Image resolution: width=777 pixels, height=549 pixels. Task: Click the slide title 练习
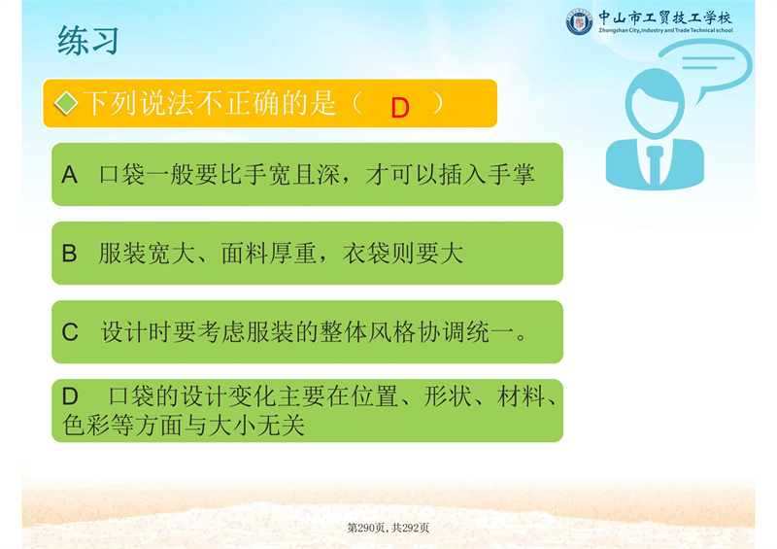click(88, 40)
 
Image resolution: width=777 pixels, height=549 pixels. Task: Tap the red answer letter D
click(400, 108)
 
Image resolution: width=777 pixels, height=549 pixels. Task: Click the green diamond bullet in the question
click(66, 103)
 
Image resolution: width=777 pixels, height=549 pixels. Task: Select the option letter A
click(69, 175)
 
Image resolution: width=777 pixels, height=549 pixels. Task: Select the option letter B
click(69, 253)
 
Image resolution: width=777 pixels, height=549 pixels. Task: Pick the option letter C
click(70, 331)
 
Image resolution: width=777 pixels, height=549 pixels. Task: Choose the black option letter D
click(70, 396)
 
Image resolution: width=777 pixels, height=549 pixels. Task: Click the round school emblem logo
click(579, 21)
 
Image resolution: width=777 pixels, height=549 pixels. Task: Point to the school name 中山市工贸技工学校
click(665, 17)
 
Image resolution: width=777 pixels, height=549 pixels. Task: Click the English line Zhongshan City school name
click(665, 30)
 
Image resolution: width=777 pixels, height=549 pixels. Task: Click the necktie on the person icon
click(655, 163)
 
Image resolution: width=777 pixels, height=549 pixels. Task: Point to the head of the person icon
click(655, 103)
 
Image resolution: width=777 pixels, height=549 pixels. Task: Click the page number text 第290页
click(365, 528)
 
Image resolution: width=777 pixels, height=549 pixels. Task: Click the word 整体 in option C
click(343, 331)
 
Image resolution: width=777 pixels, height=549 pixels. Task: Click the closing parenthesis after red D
click(437, 103)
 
